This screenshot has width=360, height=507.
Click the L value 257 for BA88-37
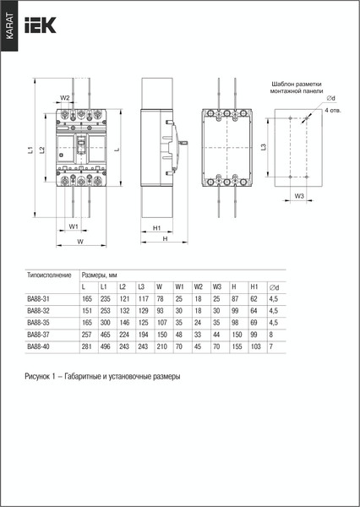[x=86, y=335]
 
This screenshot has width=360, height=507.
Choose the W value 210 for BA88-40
[x=159, y=346]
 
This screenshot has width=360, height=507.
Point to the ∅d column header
[x=274, y=287]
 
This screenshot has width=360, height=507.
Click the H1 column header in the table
[x=254, y=287]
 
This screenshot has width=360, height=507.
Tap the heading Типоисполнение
[x=47, y=275]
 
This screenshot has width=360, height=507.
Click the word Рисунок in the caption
[x=40, y=377]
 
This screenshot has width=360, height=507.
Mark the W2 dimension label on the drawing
[x=65, y=98]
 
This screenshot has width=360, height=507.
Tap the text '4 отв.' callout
[x=333, y=110]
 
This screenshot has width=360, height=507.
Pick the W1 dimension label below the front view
[x=74, y=227]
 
